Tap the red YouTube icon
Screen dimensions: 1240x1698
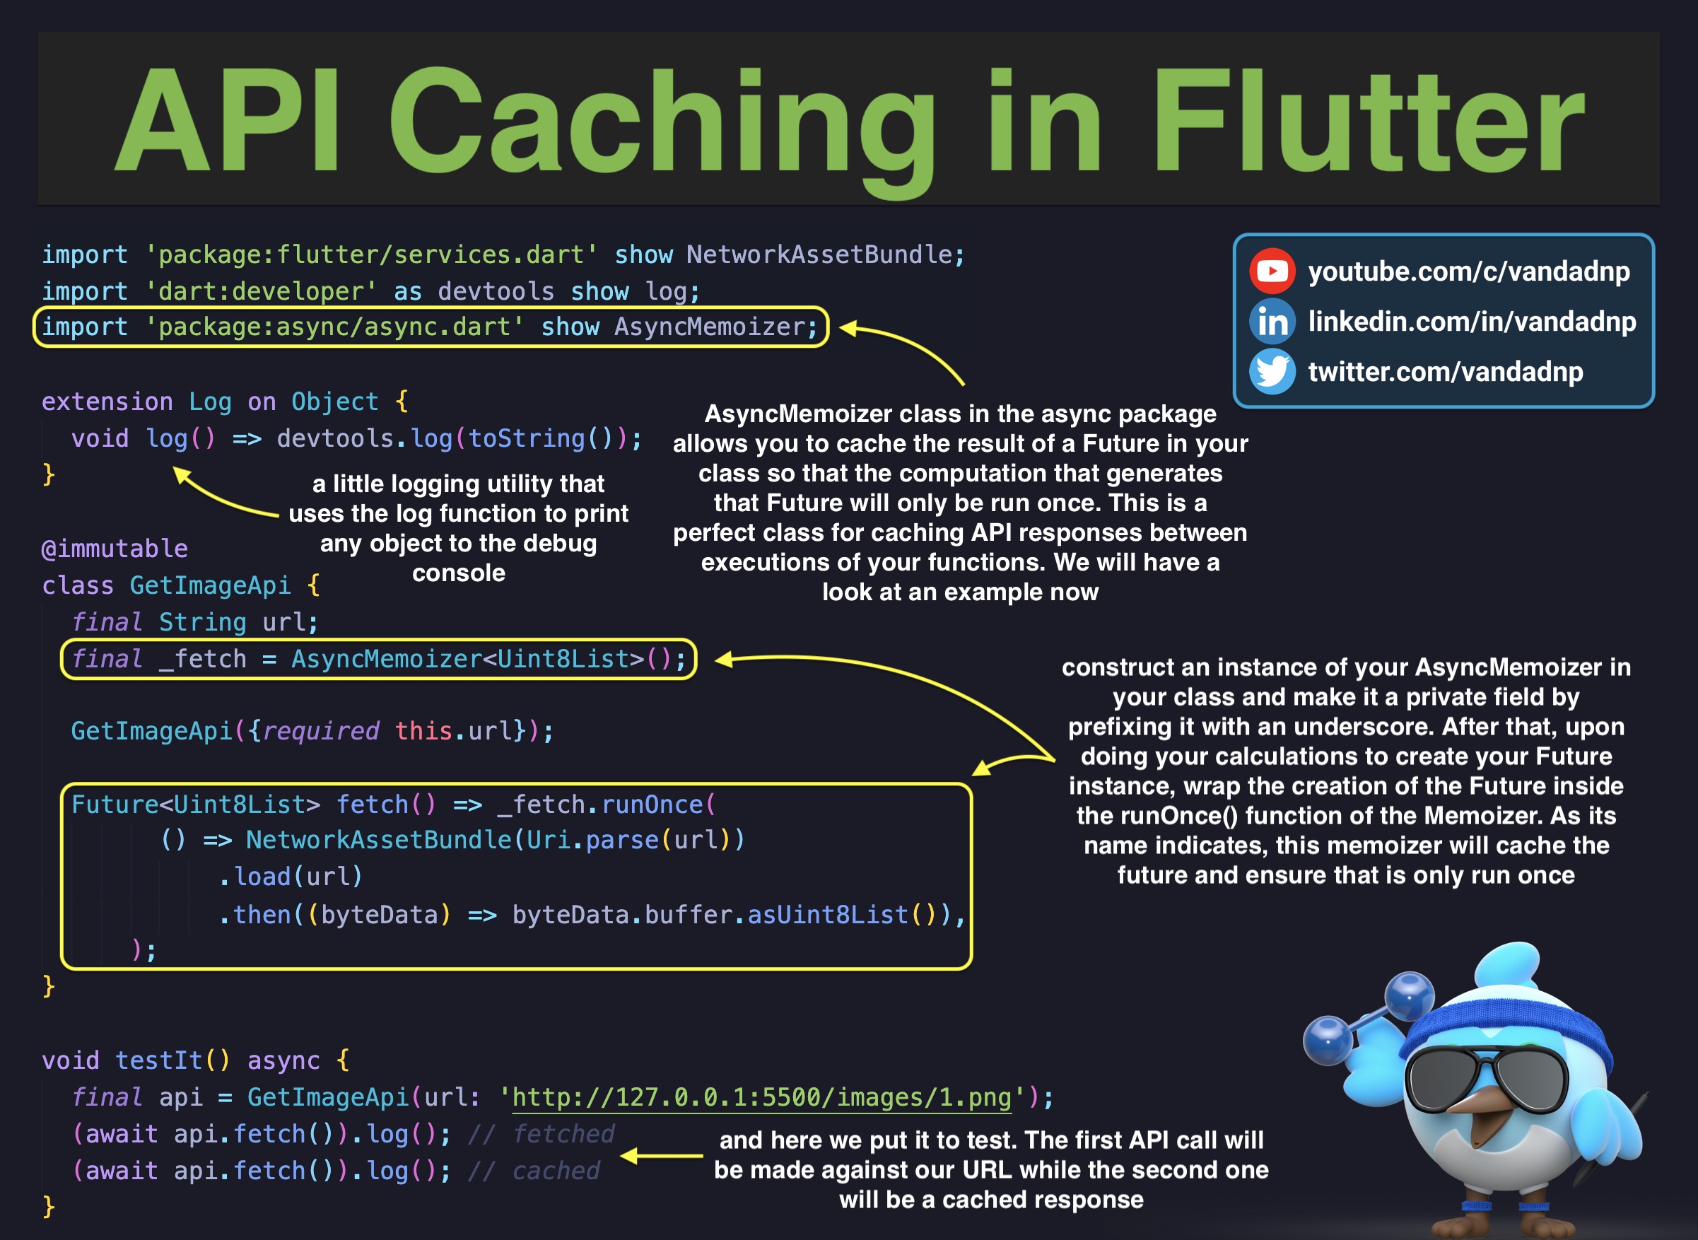[x=1272, y=270]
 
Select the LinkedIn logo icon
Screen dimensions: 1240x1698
[x=1272, y=321]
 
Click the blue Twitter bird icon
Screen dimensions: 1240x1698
[x=1272, y=372]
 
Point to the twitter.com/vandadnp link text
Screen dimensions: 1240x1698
[x=1445, y=373]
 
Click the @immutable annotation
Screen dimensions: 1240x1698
[x=114, y=549]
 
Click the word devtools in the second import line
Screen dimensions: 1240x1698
[x=496, y=291]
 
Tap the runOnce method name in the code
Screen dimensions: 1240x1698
[x=652, y=805]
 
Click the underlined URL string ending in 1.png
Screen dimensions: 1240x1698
[x=761, y=1097]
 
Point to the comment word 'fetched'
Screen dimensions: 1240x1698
[x=563, y=1134]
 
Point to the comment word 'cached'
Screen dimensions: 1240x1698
[x=556, y=1171]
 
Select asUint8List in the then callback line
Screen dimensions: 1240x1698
[x=828, y=915]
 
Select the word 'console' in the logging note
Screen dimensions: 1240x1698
[x=459, y=573]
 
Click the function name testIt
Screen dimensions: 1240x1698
[x=159, y=1060]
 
